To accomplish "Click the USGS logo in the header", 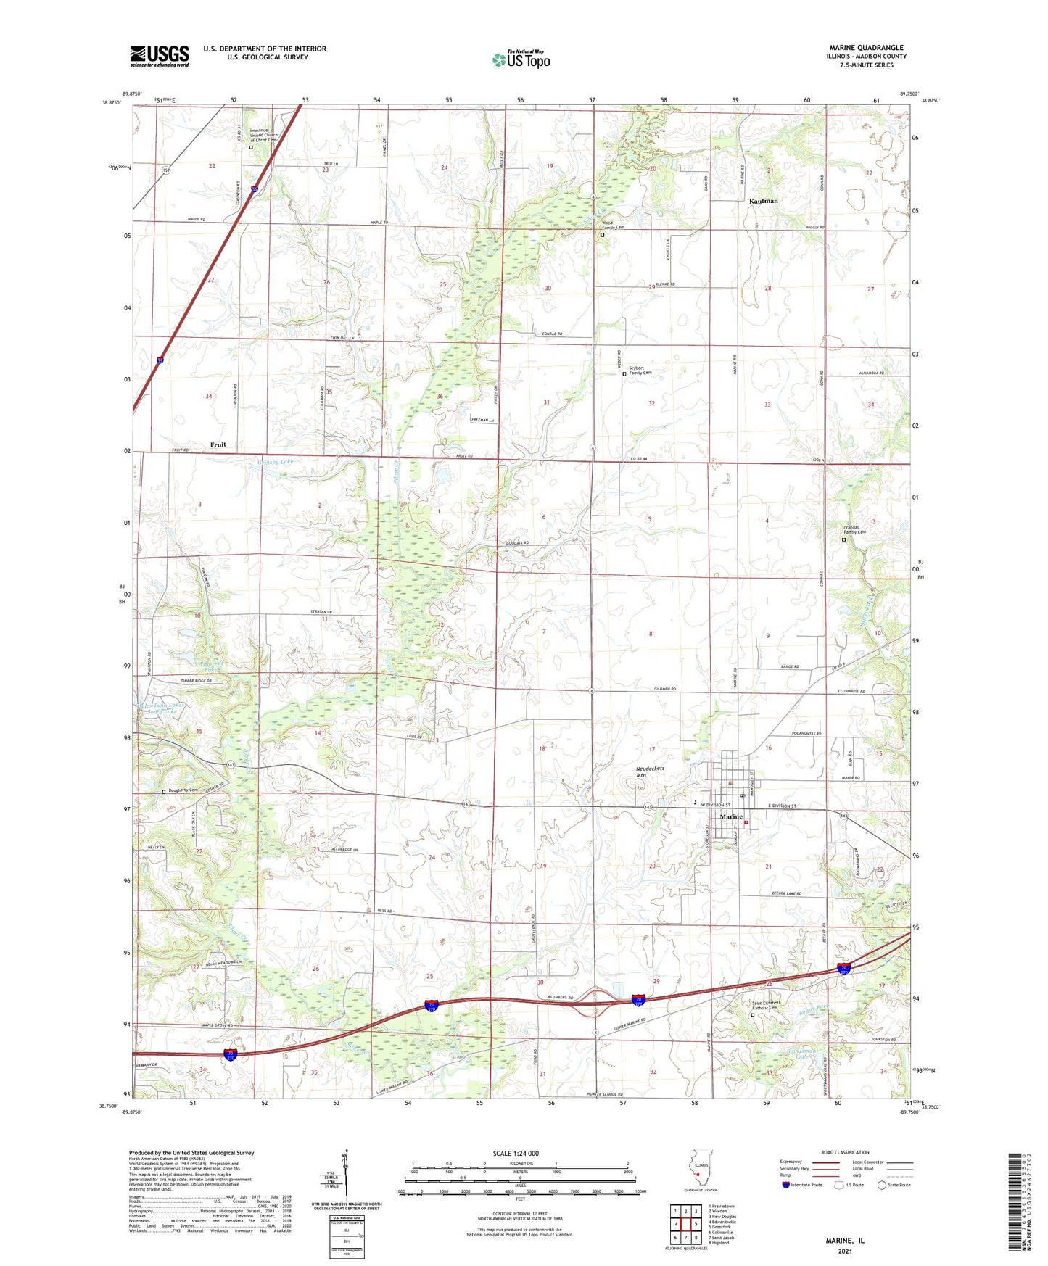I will [160, 56].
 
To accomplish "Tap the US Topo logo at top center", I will [521, 59].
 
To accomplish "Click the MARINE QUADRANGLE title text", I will [866, 48].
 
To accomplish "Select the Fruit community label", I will [218, 444].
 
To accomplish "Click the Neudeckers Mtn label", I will [650, 771].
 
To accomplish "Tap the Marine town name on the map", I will [730, 817].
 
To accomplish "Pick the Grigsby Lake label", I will [275, 462].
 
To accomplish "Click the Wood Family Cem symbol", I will [602, 235].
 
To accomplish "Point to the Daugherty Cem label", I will [183, 790].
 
